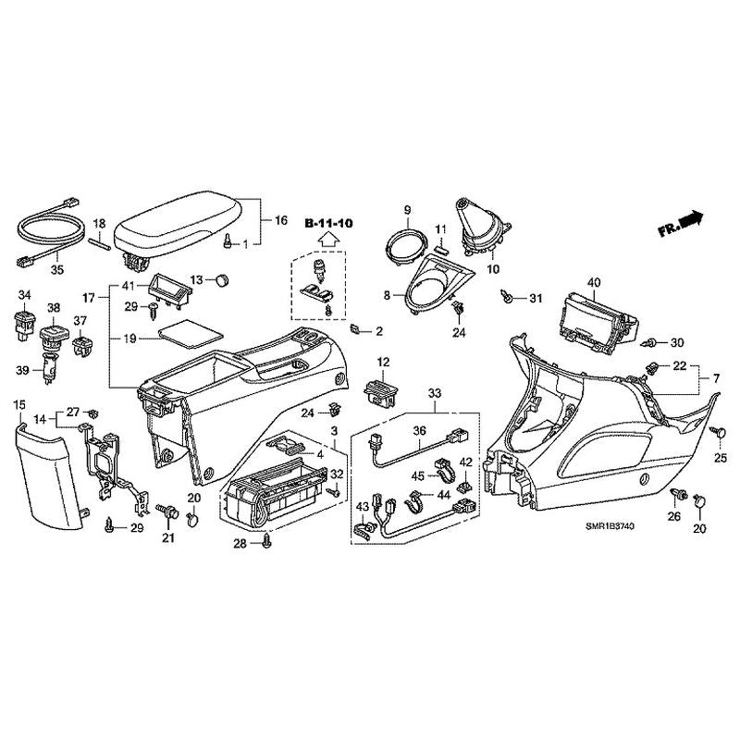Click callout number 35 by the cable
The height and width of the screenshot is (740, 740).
(56, 270)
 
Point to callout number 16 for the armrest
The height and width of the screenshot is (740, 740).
(280, 220)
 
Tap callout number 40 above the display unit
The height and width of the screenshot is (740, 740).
(593, 281)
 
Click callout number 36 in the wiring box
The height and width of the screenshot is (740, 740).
(418, 430)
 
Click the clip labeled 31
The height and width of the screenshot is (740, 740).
(508, 296)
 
